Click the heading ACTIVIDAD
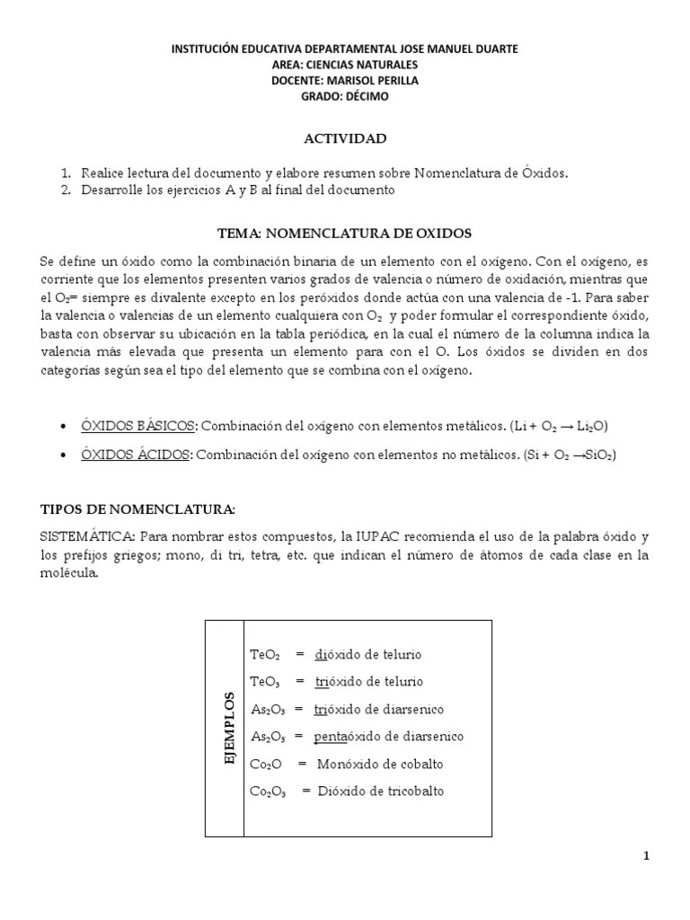point(344,138)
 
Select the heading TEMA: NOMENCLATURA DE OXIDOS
point(344,234)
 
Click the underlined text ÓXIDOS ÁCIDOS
point(136,456)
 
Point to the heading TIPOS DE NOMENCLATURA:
point(137,509)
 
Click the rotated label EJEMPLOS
point(229,729)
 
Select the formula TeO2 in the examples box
point(265,655)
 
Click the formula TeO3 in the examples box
point(265,682)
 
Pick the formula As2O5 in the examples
point(268,737)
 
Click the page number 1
point(646,856)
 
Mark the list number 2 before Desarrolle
point(66,190)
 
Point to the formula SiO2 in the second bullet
point(598,456)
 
